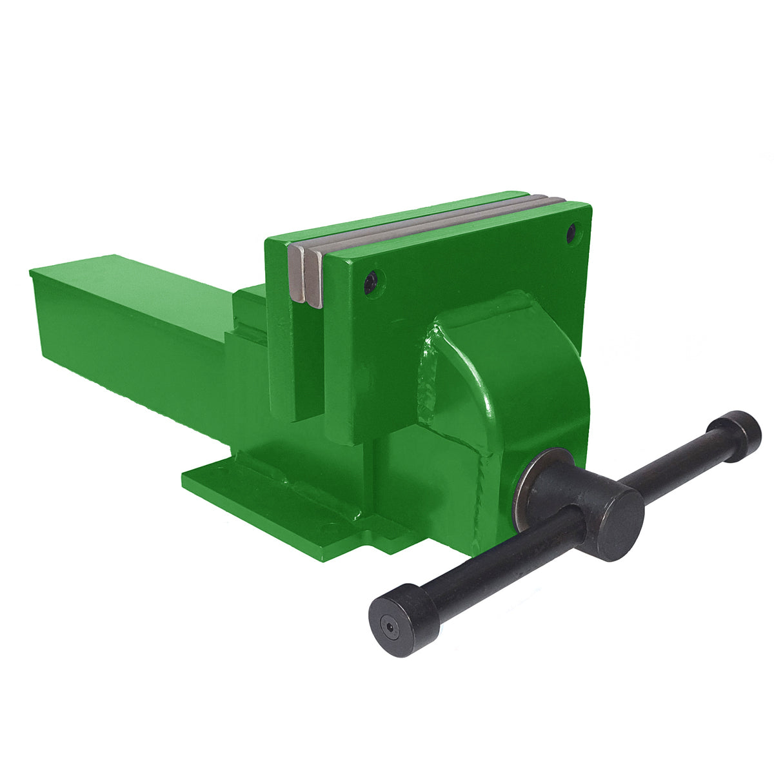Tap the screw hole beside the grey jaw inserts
click(371, 282)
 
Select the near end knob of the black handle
click(404, 620)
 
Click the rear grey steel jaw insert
click(297, 271)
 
